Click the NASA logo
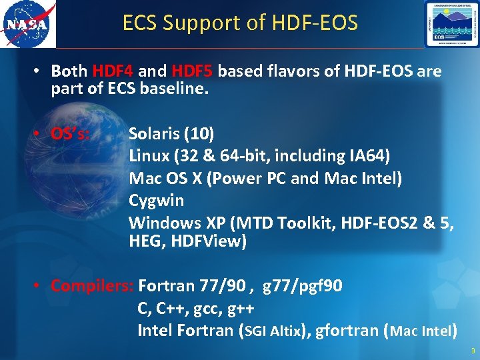(28, 24)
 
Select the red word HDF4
(113, 71)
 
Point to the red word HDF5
(193, 71)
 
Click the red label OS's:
(71, 133)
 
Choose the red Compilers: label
(93, 286)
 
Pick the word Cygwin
(156, 200)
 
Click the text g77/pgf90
(303, 286)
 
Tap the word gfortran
(349, 331)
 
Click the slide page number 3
(473, 351)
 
